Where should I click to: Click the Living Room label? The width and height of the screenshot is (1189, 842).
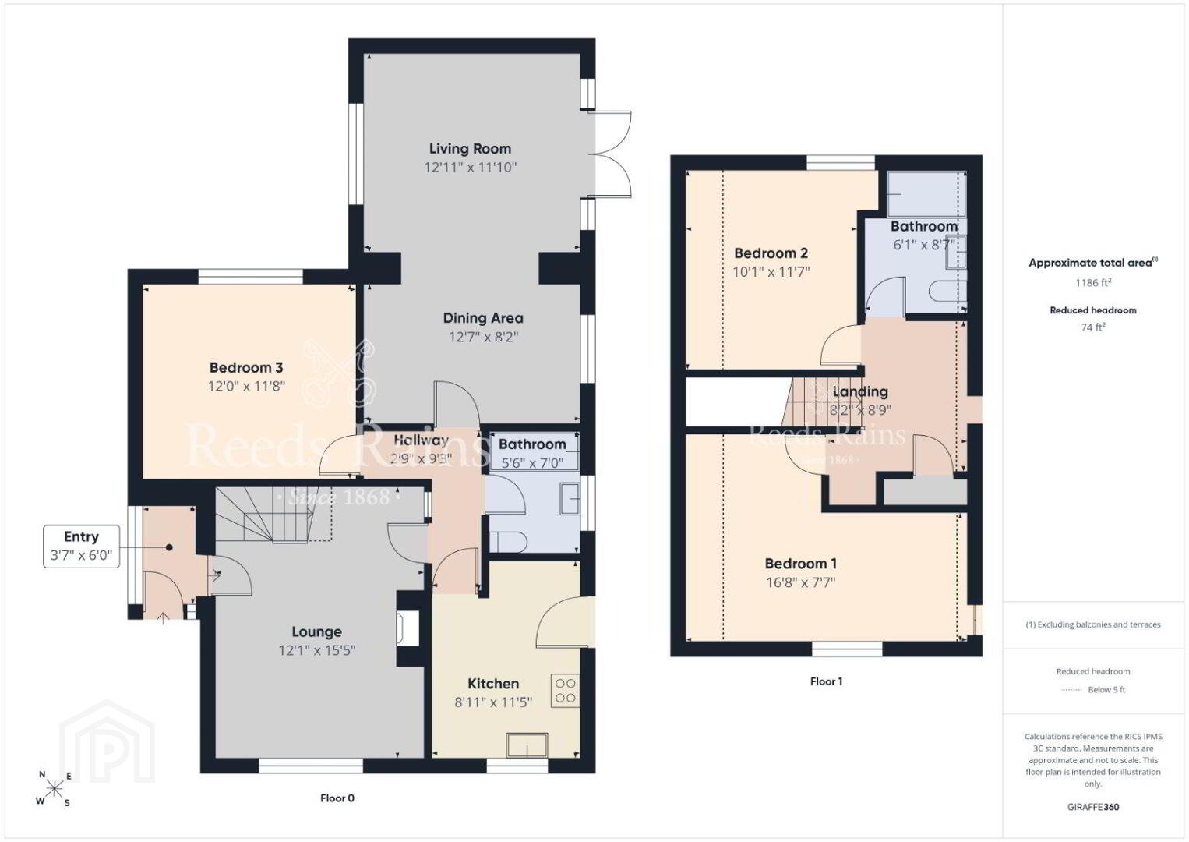(470, 149)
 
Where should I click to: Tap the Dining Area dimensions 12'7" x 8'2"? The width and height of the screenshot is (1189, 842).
(483, 337)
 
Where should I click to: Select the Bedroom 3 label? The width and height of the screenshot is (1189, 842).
(246, 367)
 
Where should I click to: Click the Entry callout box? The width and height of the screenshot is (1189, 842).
(81, 546)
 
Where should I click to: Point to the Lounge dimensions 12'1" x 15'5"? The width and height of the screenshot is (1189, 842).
(317, 650)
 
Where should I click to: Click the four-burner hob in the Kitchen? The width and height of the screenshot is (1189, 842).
(566, 691)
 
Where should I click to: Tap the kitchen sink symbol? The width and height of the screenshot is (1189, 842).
(527, 745)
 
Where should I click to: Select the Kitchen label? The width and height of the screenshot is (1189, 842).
(493, 683)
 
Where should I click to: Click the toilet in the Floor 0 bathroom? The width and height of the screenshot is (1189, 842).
(507, 542)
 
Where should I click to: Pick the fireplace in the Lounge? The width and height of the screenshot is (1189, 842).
(408, 629)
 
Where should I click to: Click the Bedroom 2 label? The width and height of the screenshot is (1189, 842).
(771, 253)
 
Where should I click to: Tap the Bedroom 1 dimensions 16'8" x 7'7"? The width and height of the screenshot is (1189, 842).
(800, 582)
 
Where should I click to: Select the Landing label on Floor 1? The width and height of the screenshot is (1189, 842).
(860, 391)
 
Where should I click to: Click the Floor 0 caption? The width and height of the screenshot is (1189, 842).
(337, 798)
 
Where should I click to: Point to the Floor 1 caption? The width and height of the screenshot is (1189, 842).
(826, 681)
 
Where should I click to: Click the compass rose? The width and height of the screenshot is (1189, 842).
(54, 789)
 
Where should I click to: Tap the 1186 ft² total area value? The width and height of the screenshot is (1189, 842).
(1093, 282)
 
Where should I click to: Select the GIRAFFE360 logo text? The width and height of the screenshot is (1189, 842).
(1093, 807)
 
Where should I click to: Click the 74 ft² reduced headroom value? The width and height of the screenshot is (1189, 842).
(1093, 327)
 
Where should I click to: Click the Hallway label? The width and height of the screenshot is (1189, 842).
(421, 440)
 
